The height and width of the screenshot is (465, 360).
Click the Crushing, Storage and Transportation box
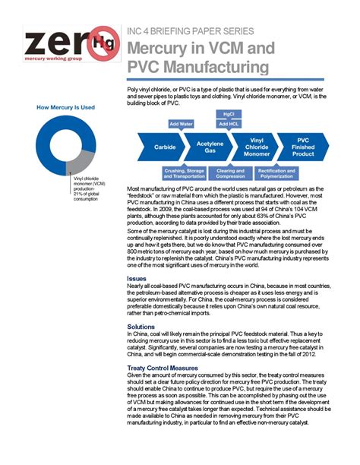click(184, 172)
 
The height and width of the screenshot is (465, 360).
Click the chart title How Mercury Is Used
click(66, 108)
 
